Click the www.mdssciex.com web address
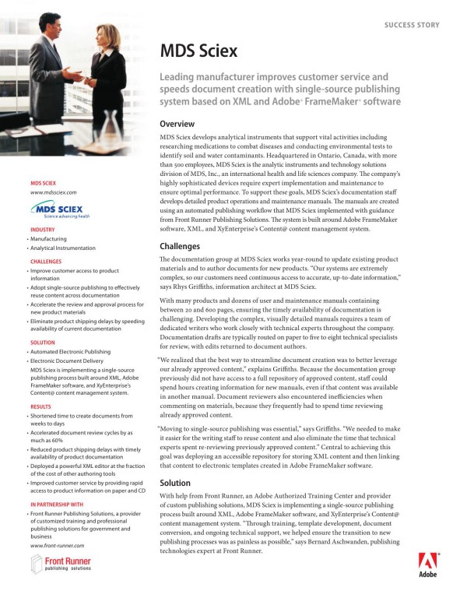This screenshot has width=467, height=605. [52, 192]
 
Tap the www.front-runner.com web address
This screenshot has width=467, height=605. [57, 545]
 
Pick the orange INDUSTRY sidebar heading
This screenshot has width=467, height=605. [43, 230]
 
